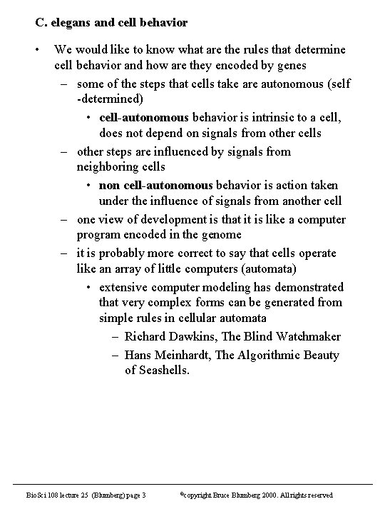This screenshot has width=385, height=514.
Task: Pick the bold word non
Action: [x=109, y=185]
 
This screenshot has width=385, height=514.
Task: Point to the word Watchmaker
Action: [x=306, y=337]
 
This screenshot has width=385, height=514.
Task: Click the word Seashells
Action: [x=164, y=371]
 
